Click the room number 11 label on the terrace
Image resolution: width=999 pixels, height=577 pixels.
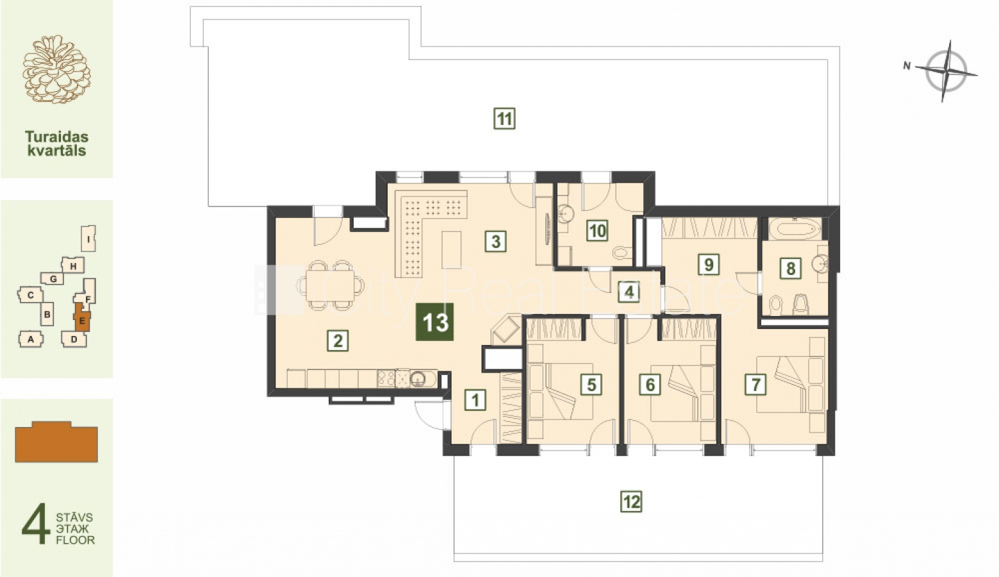[x=504, y=119]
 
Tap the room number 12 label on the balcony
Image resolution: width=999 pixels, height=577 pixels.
[x=632, y=501]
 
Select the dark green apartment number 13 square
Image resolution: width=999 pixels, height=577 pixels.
[x=435, y=322]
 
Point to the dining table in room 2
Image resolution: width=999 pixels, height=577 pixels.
[x=331, y=285]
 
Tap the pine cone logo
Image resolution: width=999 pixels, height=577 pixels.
[x=56, y=70]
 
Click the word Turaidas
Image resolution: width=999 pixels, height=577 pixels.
[x=56, y=136]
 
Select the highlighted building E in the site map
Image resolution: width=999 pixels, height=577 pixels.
[x=82, y=317]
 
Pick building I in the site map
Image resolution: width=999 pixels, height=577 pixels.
[x=89, y=238]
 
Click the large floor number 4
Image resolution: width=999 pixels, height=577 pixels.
[x=36, y=523]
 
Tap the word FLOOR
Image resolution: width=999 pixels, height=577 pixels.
[x=76, y=540]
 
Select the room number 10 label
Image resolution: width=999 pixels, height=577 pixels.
[x=597, y=231]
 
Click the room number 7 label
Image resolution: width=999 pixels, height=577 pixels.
[x=755, y=384]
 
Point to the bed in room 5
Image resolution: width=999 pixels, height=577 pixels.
[x=559, y=391]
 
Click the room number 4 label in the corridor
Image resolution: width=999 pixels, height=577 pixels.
[x=629, y=292]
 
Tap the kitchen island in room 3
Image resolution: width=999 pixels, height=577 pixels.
[x=451, y=249]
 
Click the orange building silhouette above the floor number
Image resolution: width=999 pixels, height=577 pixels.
[x=56, y=442]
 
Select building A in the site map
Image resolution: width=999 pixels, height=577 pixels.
[x=31, y=339]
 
